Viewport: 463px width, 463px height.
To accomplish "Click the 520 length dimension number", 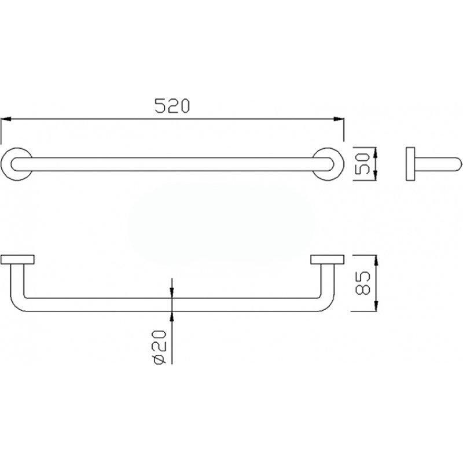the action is click(x=172, y=106).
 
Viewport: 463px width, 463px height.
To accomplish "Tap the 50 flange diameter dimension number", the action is click(x=362, y=163).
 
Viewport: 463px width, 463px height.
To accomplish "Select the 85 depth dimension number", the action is click(x=363, y=283).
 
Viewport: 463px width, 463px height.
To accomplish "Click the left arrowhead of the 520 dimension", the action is click(x=6, y=119).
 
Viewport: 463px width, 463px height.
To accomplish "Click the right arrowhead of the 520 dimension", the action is click(x=339, y=119).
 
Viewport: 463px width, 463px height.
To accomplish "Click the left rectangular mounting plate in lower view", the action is click(x=17, y=259).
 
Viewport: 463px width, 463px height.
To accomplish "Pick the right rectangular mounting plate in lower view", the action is click(x=327, y=259).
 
